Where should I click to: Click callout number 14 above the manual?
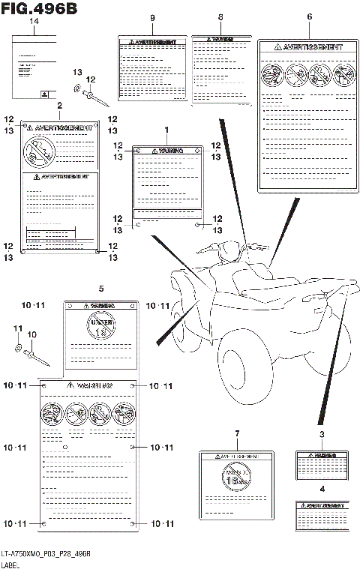coord(33,22)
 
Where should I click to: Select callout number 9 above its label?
coord(152,17)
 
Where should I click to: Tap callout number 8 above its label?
coord(220,17)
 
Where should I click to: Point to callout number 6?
coord(309,17)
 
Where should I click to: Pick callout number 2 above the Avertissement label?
coord(59,106)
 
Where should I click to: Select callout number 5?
coord(100,288)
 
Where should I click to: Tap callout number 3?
coord(321,435)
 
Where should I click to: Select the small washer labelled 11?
coord(17,347)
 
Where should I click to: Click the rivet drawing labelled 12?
coord(97,96)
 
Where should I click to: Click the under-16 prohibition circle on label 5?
coord(100,325)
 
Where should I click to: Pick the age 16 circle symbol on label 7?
coord(236,478)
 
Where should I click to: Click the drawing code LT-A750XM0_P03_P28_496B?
coord(46,553)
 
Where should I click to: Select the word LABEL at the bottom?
coord(12,565)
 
